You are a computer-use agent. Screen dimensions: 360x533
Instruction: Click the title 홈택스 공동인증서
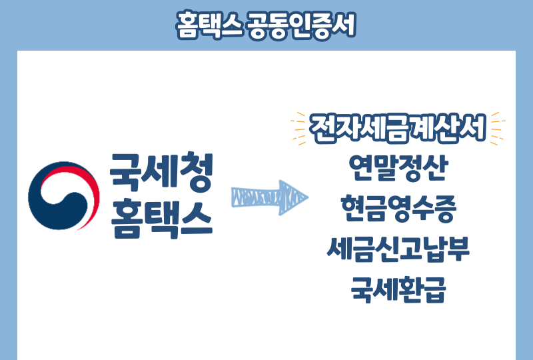[x=266, y=25]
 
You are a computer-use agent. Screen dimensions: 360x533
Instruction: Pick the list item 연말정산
[x=398, y=168]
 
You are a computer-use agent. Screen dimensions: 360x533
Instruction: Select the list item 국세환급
[x=398, y=291]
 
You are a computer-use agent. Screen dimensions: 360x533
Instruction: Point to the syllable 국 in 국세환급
[x=363, y=291]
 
